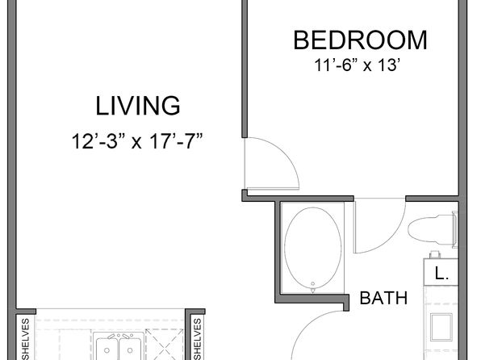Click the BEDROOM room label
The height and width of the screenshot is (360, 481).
point(361,40)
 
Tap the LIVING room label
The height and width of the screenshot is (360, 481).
point(138,106)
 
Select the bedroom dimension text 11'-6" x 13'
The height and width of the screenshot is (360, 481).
point(358,65)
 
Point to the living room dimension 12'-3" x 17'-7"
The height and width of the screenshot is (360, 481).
point(137,141)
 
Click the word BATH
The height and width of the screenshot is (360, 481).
point(383,298)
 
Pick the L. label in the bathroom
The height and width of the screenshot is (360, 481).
point(441,273)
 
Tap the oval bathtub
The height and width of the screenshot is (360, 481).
point(312,248)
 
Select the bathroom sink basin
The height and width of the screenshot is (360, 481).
point(441,327)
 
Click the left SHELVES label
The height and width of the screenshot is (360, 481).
point(26,339)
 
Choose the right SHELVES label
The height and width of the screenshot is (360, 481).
point(197,339)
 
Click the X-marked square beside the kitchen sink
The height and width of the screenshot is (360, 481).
point(165,345)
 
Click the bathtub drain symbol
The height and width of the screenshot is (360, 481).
point(312,287)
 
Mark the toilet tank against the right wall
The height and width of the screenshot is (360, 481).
point(455,229)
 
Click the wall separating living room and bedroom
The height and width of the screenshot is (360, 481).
point(245,69)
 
